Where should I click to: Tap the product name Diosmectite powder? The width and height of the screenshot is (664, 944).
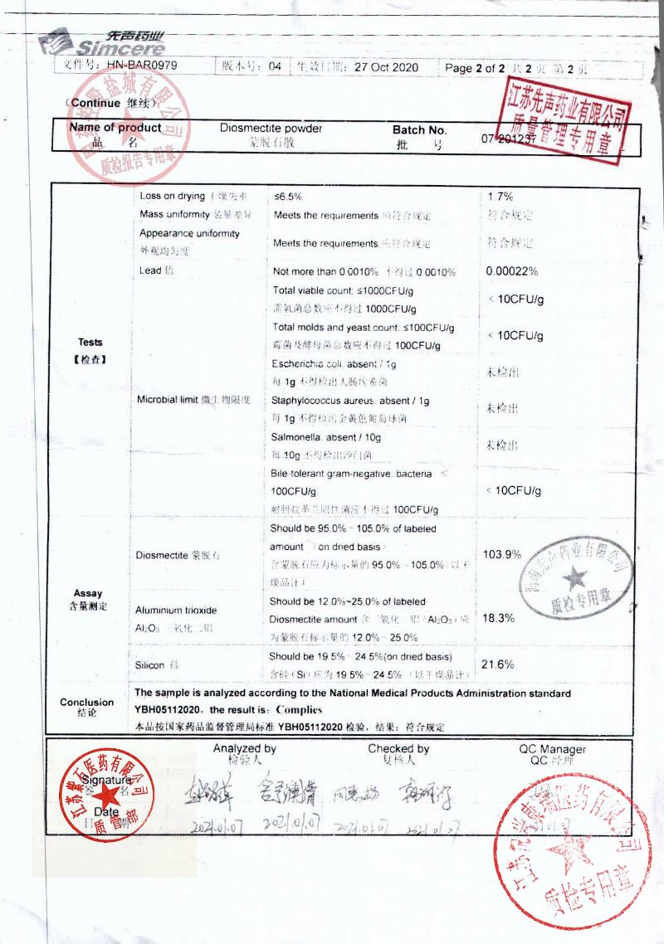coord(271,129)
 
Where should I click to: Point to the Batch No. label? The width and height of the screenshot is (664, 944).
coord(419,130)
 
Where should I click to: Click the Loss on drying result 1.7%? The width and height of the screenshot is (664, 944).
coord(500,197)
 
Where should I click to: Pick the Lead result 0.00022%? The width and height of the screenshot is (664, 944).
coord(512,271)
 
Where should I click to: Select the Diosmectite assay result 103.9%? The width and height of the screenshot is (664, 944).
coord(502,554)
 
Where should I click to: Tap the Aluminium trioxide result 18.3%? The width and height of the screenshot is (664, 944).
coord(499,618)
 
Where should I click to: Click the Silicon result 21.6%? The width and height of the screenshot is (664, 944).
coord(499,664)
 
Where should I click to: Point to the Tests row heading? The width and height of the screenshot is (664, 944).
coord(90,342)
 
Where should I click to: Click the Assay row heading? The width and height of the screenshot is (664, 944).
coord(88,593)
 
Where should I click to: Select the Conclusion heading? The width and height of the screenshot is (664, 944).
coord(87,702)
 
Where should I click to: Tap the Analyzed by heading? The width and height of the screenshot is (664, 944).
coord(244,748)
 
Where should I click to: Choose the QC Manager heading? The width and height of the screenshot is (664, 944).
coord(552,749)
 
